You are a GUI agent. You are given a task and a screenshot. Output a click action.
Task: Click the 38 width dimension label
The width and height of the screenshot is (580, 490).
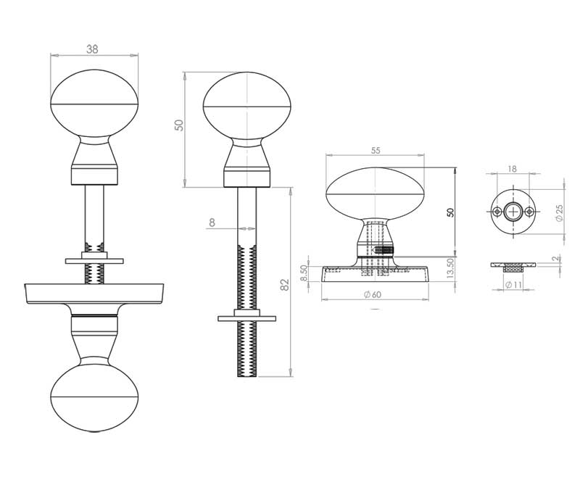[93, 49]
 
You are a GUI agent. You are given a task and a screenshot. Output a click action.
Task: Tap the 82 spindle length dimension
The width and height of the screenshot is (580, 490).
[285, 284]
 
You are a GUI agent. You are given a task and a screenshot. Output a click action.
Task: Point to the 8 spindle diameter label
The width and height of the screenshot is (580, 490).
[212, 223]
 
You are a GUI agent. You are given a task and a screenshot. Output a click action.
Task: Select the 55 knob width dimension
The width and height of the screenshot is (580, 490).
[376, 151]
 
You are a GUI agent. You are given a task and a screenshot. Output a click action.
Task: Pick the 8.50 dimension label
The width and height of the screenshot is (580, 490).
[304, 273]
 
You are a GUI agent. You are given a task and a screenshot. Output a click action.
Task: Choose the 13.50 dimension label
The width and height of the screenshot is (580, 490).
[449, 269]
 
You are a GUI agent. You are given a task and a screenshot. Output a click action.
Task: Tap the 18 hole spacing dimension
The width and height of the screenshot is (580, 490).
[513, 168]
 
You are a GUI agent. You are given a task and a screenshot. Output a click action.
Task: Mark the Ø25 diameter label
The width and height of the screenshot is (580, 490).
[559, 213]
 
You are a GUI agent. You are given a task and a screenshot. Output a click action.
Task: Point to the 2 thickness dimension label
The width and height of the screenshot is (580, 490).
[555, 259]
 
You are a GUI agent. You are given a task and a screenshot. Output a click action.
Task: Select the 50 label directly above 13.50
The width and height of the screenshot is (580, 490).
[450, 212]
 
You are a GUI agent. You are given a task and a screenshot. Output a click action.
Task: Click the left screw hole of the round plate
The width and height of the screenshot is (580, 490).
[497, 212]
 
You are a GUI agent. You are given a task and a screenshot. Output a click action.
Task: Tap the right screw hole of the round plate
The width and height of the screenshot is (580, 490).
[530, 212]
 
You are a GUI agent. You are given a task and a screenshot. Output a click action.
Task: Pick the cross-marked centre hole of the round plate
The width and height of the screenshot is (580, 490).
[513, 212]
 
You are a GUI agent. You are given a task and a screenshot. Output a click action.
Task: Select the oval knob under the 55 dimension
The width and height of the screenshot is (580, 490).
[376, 194]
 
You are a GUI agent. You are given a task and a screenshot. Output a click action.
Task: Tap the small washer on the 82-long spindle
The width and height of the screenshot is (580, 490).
[247, 317]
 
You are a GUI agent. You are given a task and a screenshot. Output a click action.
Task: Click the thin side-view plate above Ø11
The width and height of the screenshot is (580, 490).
[513, 265]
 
